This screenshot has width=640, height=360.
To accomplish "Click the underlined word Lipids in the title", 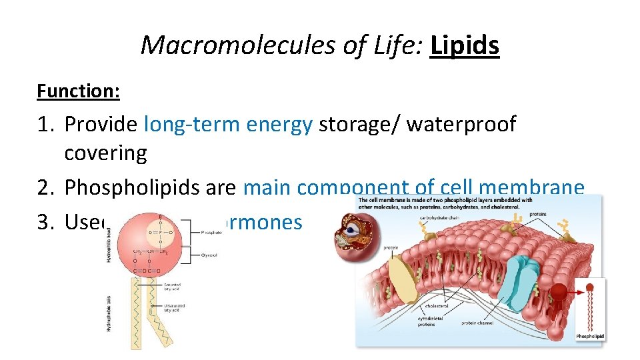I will tap(465, 45).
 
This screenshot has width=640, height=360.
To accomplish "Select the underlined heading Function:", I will tap(78, 91).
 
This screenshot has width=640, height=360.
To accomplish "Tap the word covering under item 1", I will tap(105, 153).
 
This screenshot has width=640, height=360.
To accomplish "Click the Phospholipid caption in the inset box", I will tap(590, 337).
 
